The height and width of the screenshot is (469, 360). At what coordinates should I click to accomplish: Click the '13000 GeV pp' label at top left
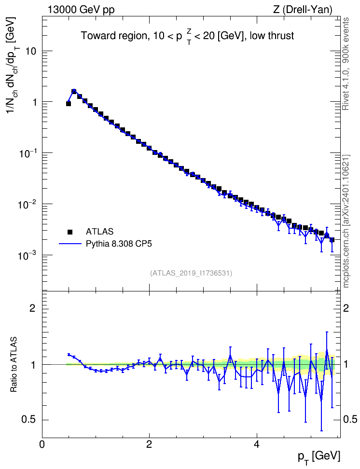click(81, 10)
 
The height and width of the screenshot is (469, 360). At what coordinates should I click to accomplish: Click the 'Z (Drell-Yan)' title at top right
click(303, 10)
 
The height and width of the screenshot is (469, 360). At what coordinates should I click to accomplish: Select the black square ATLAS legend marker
click(70, 232)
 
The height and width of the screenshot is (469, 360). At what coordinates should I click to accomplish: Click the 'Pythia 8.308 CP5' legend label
click(119, 244)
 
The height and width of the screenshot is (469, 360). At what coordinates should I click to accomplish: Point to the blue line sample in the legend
click(70, 244)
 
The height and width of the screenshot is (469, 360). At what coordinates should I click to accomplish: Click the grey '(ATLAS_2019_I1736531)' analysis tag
click(191, 273)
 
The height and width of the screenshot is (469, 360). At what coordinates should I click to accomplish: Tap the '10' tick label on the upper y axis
click(30, 51)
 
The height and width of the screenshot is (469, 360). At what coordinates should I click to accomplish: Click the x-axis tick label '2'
click(149, 443)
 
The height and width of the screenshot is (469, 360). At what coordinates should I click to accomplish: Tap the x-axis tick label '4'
click(256, 443)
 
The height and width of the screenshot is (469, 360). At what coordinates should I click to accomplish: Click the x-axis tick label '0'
click(42, 443)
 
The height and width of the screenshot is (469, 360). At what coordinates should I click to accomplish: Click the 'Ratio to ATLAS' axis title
click(14, 365)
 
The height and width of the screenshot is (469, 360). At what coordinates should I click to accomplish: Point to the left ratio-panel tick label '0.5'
click(29, 420)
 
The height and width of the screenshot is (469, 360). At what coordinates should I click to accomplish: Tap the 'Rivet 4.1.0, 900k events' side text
click(346, 64)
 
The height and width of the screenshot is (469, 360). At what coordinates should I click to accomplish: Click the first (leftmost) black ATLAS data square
click(69, 103)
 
